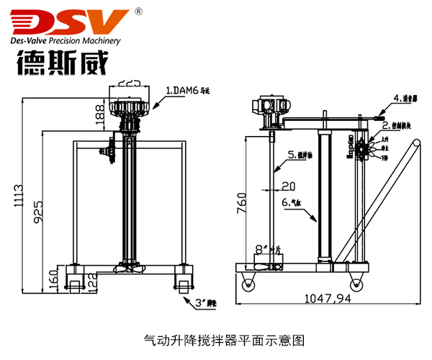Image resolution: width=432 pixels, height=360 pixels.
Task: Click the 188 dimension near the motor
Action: point(99,112)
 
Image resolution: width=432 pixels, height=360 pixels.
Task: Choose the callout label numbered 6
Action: point(294,204)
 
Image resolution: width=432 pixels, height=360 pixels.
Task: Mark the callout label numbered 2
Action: point(396,125)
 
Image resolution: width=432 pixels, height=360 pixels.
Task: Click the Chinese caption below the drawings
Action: point(216,338)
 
